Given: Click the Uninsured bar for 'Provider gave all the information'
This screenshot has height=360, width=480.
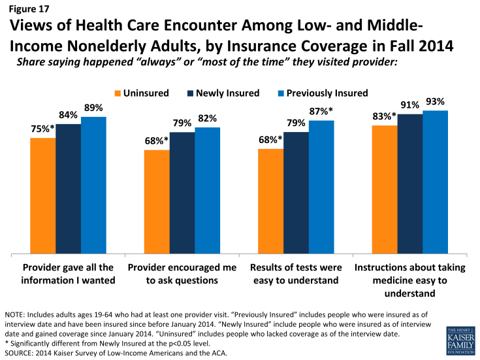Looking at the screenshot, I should pos(42,196).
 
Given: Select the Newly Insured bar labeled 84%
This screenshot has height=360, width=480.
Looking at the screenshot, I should pos(68,189).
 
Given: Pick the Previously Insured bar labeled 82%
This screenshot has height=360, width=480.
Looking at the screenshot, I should pos(208,190).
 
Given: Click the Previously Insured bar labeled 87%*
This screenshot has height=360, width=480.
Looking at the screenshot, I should pos(321,187).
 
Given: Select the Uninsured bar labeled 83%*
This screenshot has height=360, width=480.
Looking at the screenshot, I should pos(385,189).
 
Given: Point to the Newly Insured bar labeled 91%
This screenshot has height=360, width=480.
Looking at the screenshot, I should pos(410,184).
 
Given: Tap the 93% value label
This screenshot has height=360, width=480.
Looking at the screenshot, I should pos(436,101).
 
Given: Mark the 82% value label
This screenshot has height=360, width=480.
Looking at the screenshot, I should pos(208,118).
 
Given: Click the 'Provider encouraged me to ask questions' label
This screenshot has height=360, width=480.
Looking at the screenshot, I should pos(182,274).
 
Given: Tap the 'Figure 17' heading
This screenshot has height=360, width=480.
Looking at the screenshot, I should pos(28,10).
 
